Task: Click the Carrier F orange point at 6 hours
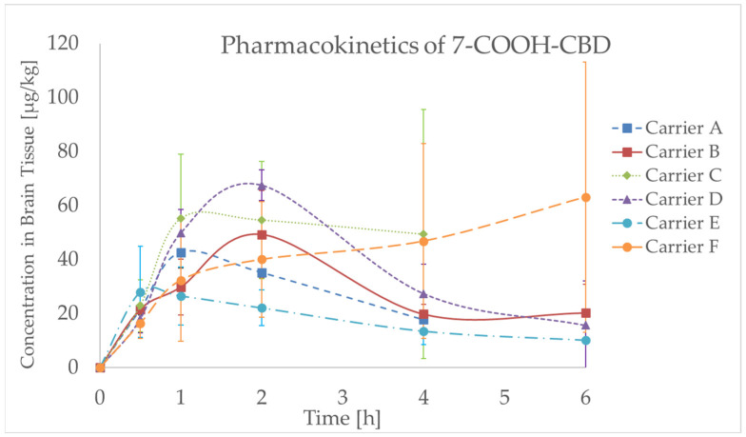[x=585, y=197]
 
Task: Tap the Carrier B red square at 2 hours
[x=262, y=234]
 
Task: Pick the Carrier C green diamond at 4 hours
[x=423, y=234]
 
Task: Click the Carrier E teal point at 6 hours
[x=585, y=340]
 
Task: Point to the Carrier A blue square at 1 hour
[x=181, y=253]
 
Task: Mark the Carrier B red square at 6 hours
[x=585, y=312]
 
